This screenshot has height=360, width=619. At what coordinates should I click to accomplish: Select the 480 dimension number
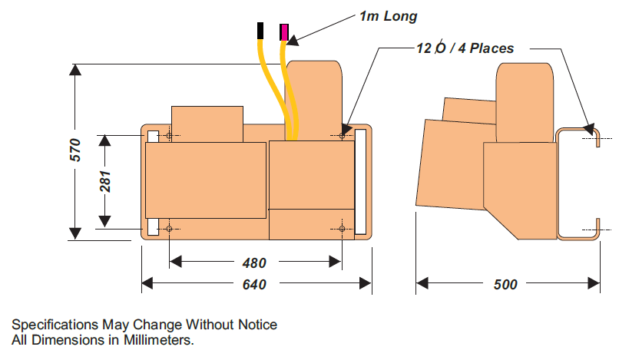pos(254,263)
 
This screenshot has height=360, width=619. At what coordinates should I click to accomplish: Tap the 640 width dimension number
pos(254,285)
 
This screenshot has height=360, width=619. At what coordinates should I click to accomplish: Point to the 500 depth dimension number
pos(505,285)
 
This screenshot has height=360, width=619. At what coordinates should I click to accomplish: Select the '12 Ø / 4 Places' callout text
pos(465,48)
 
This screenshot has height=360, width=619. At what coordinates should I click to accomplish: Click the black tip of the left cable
pos(262,30)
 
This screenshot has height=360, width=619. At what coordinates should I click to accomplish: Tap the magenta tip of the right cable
pos(284,31)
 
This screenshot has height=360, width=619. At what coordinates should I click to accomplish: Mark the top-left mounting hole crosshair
pos(169,136)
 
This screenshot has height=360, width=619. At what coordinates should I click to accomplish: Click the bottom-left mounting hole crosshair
pos(169,228)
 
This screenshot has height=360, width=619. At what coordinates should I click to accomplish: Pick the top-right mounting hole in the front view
pos(342,136)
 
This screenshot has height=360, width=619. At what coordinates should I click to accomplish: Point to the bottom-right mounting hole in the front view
pos(342,228)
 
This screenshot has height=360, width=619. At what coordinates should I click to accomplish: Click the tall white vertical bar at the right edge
pos(361,181)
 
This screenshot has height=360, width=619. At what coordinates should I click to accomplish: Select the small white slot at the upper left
pos(153,136)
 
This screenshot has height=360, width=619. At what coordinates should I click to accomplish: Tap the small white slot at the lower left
pos(153,227)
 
